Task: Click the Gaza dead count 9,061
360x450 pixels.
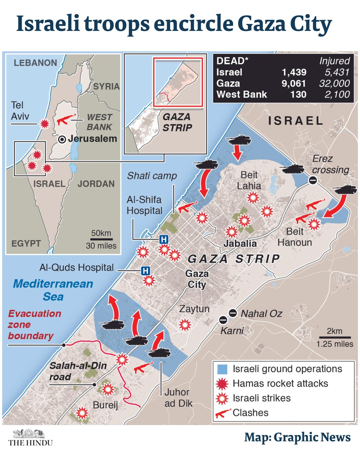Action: tap(294, 83)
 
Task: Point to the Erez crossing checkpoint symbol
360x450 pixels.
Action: tap(313, 180)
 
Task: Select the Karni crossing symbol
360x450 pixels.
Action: tap(223, 320)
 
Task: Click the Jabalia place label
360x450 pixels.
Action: tap(240, 243)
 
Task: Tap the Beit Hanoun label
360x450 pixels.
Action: tap(295, 237)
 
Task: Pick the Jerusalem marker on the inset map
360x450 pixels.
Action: tap(62, 139)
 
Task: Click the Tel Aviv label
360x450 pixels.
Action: tap(20, 111)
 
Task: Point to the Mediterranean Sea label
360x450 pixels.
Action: tap(53, 290)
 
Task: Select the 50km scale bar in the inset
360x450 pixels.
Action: tap(101, 239)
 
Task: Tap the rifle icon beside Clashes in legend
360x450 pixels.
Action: tap(223, 413)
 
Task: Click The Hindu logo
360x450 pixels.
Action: tap(30, 438)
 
